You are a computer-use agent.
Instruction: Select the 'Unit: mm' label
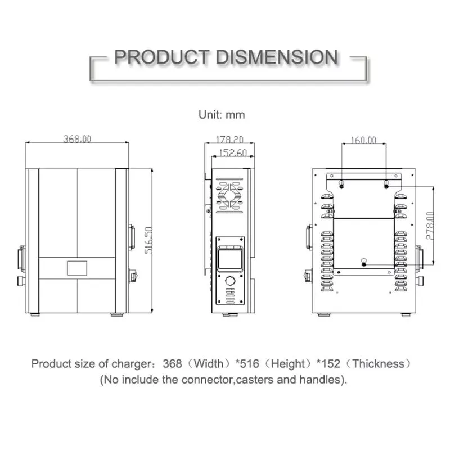coord(222,114)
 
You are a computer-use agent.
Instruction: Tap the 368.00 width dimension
coord(76,138)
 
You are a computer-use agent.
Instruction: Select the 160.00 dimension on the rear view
coord(363,139)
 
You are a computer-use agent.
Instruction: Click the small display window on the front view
coord(76,268)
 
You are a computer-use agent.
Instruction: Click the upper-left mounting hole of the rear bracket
coord(341,184)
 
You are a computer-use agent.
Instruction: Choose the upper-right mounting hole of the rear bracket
coord(386,184)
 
